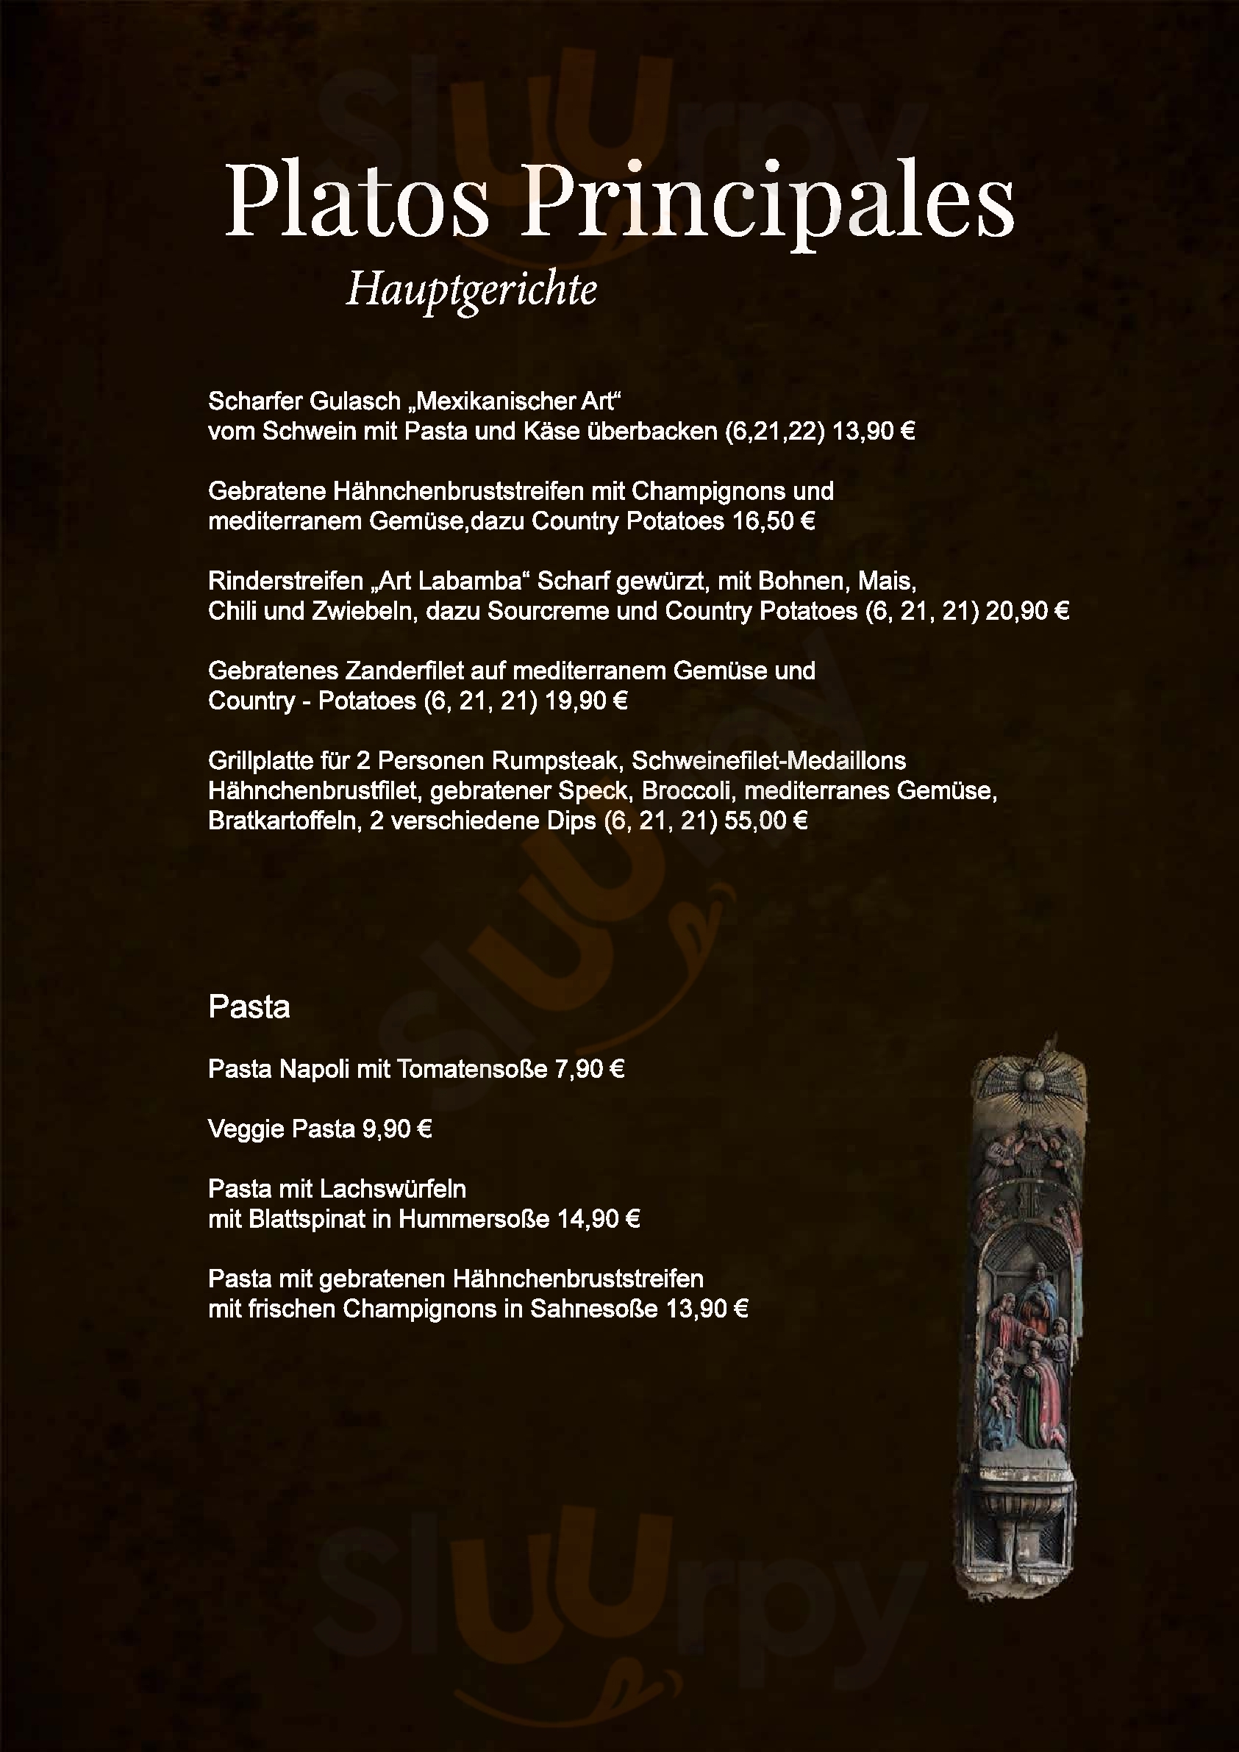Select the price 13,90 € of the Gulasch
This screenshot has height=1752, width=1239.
(874, 432)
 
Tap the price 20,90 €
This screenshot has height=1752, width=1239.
(1026, 611)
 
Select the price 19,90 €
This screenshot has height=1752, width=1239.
(585, 701)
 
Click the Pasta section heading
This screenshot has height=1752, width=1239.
(249, 1008)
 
